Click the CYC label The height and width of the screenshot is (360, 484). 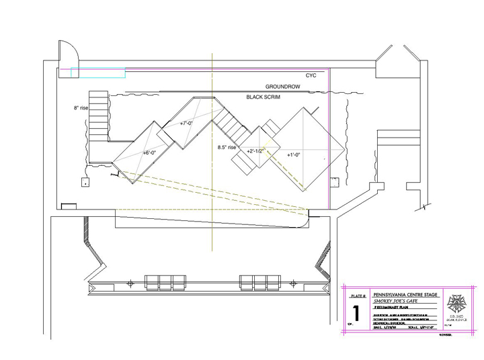click(311, 76)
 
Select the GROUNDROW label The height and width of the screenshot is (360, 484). click(282, 87)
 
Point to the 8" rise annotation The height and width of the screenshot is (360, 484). click(81, 107)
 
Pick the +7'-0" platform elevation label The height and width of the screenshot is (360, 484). click(186, 124)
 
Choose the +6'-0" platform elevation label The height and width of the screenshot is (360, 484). click(149, 153)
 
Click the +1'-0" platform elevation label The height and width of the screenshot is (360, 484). click(294, 155)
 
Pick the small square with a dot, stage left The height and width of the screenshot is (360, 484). click(85, 181)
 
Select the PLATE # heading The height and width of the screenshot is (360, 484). click(358, 296)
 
